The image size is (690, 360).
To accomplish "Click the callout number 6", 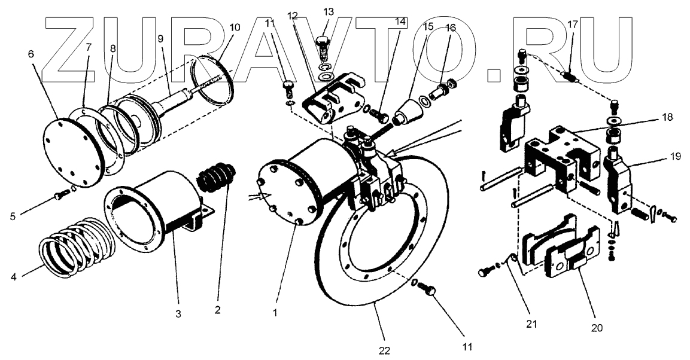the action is (31, 53).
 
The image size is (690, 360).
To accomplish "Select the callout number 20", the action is (597, 328).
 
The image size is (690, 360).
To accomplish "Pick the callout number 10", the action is (234, 28).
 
